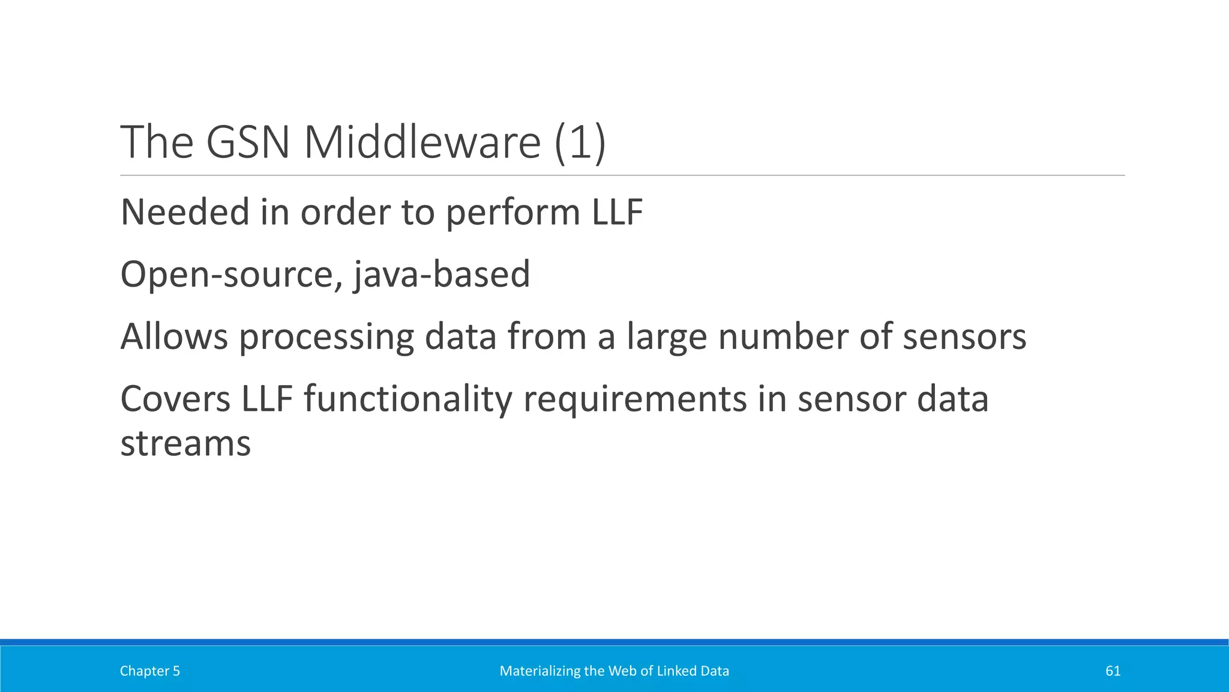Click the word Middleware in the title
(422, 142)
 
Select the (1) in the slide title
(580, 142)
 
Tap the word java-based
(442, 275)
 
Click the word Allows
(174, 336)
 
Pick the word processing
(326, 336)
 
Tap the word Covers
(175, 399)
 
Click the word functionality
(407, 399)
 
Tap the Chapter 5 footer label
(150, 671)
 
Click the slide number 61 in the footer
(1113, 671)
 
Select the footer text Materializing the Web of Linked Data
(614, 671)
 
